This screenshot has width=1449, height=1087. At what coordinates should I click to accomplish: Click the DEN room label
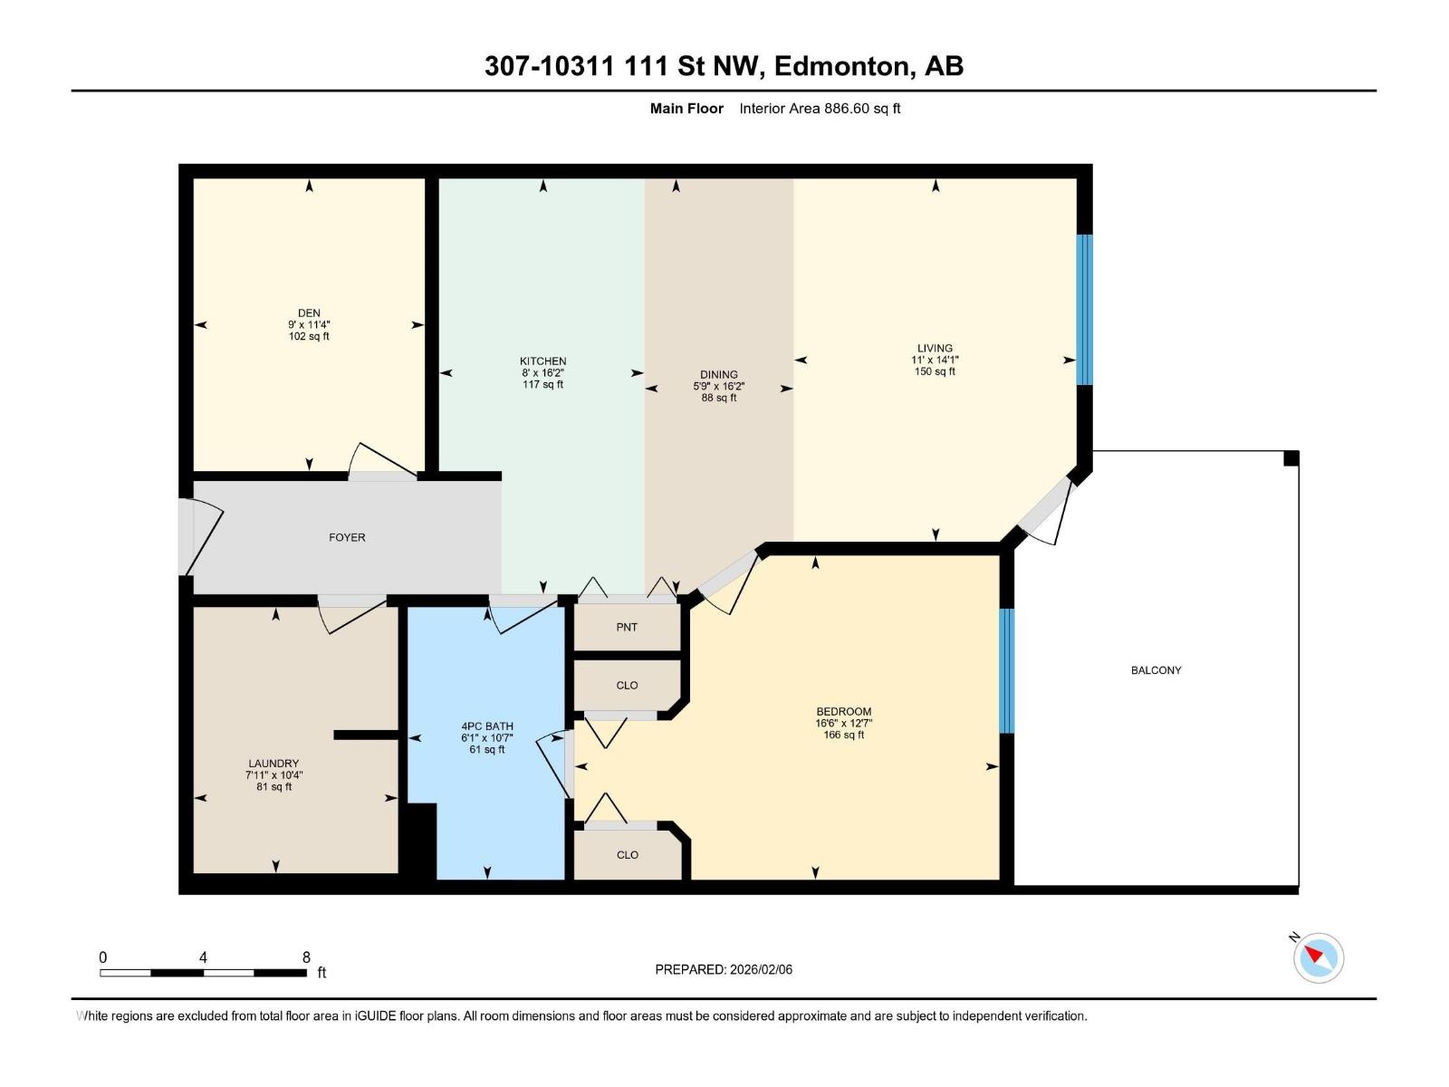(309, 313)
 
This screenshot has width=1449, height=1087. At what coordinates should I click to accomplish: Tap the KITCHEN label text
(542, 361)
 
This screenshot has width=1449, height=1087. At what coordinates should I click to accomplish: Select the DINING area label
(719, 374)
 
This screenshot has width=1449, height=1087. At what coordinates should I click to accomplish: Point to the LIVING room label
(935, 348)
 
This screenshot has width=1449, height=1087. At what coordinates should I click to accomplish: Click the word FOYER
(347, 537)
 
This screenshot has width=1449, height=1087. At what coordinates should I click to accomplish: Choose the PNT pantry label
(627, 627)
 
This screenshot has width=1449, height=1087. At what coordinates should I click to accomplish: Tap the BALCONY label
(1156, 670)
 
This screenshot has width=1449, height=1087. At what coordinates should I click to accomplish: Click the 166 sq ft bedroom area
(843, 735)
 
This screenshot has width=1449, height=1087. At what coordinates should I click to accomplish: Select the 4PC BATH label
(487, 726)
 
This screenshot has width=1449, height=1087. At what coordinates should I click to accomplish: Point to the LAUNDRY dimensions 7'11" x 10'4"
(273, 775)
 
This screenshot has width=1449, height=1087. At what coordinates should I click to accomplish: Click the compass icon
(1319, 957)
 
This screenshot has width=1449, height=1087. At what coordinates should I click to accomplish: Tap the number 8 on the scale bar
(306, 957)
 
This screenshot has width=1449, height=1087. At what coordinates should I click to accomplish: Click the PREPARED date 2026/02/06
(760, 969)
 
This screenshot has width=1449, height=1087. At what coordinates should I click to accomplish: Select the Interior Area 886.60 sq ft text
(820, 109)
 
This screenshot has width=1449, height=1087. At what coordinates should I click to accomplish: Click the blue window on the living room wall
(1084, 310)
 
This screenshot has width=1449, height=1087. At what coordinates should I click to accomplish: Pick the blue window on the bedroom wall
(1006, 670)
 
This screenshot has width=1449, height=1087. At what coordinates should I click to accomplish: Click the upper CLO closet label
(627, 685)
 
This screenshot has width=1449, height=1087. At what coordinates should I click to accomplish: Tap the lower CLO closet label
(627, 854)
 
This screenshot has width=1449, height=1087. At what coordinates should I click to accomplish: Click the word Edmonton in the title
(841, 66)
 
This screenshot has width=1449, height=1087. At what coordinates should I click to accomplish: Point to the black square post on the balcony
(1291, 458)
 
